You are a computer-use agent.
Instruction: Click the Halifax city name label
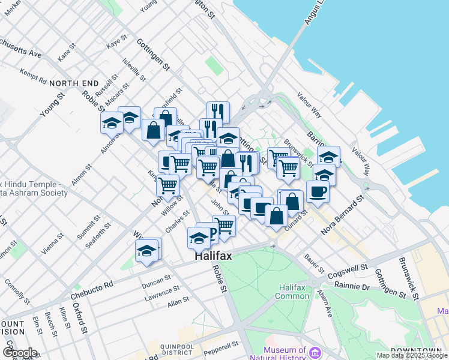pyautogui.click(x=212, y=256)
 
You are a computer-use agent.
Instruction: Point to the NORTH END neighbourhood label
pyautogui.click(x=74, y=82)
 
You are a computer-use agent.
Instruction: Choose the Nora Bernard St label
pyautogui.click(x=343, y=214)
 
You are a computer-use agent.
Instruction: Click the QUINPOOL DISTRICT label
pyautogui.click(x=176, y=347)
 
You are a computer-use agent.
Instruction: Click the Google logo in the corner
pyautogui.click(x=20, y=353)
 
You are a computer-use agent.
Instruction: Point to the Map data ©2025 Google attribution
pyautogui.click(x=412, y=355)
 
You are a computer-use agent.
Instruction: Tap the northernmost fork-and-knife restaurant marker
pyautogui.click(x=218, y=111)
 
